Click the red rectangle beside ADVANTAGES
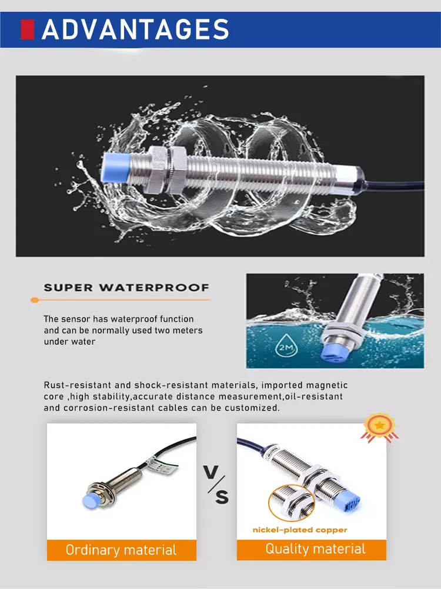28,29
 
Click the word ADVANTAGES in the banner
135,29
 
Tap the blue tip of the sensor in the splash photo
116,168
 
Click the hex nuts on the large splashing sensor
165,170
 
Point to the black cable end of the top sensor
394,185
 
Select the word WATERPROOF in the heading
154,288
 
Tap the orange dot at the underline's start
35,300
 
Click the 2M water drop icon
286,345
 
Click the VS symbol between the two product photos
216,485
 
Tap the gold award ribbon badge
379,428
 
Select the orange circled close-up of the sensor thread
292,503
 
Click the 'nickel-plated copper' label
300,530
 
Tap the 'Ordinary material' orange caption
121,550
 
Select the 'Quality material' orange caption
315,549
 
